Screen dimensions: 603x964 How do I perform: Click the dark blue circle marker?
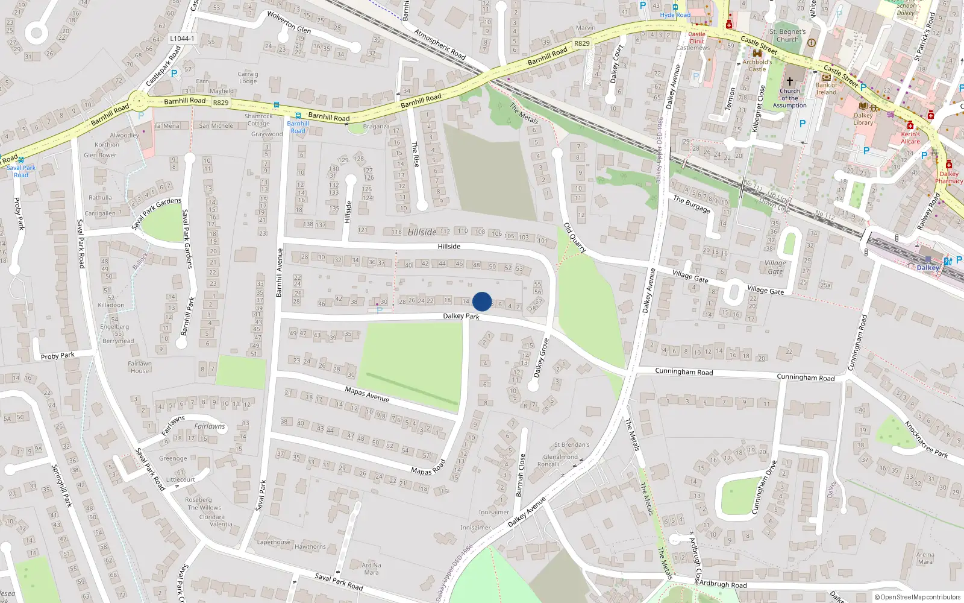(482, 301)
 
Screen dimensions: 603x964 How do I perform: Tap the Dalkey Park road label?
(461, 316)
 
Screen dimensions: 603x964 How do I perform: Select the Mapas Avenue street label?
(367, 394)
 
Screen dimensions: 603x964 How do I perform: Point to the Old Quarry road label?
(575, 238)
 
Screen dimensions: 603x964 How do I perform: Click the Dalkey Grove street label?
(541, 358)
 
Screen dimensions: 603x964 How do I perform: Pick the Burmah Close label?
(521, 475)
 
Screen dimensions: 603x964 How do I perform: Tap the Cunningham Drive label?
(764, 487)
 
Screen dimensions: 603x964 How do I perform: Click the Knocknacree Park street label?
(926, 440)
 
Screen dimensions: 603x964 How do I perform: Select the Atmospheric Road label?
(440, 44)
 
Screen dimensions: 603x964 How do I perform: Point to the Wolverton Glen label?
(289, 22)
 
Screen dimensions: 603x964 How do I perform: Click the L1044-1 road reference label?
(182, 39)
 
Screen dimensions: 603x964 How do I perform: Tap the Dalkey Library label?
(863, 119)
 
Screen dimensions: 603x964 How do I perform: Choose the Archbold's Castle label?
(757, 65)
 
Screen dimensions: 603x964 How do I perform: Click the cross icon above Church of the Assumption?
(789, 81)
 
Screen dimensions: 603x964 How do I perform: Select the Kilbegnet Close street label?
(759, 109)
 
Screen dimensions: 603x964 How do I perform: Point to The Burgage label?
(692, 204)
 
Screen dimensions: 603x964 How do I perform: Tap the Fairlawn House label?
(140, 367)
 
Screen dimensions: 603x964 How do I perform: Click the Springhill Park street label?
(61, 485)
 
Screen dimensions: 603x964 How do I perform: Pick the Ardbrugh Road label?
(722, 584)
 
